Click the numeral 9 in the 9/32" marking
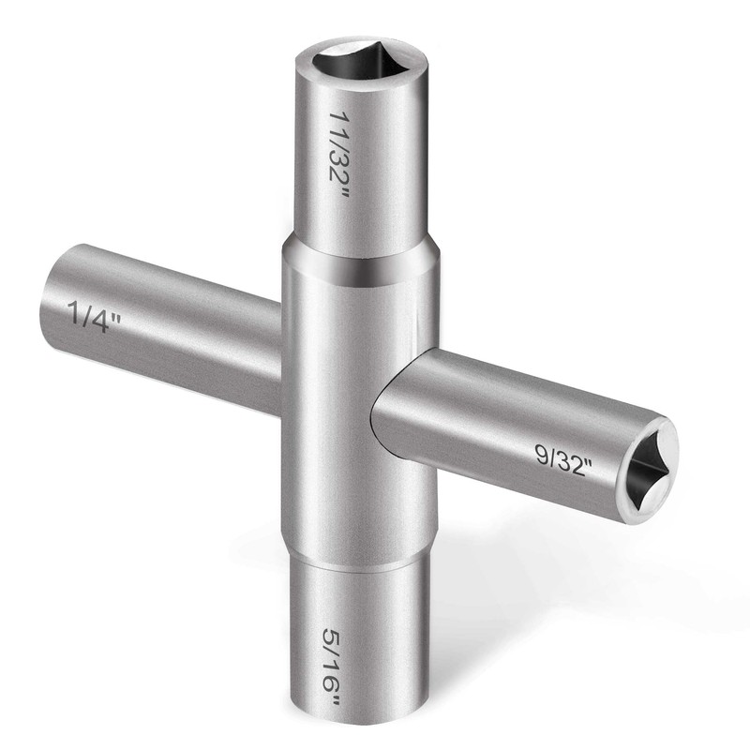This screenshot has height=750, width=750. [542, 453]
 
